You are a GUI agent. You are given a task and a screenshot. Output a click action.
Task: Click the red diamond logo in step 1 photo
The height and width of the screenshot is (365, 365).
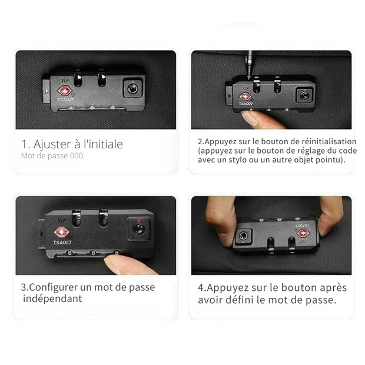pos(65,91)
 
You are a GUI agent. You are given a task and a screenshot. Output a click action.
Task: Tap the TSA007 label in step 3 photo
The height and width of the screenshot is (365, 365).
pos(62,243)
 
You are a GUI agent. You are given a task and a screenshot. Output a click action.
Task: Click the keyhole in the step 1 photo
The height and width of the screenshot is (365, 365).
pos(132,89)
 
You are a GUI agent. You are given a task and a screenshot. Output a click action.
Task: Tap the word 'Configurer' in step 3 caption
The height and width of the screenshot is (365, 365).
pos(54,287)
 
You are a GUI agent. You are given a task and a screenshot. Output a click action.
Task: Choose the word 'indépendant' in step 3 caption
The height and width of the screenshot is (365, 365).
pos(52,298)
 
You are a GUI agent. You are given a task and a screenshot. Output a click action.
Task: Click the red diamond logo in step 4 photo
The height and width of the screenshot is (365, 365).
pos(303,234)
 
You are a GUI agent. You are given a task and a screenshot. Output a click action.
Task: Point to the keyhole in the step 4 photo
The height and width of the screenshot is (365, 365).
pos(243,236)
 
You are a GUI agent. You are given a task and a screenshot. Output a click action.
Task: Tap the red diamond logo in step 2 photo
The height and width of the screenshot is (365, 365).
pos(245,97)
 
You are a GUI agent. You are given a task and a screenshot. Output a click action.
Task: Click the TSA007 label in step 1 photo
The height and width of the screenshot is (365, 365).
pos(65,99)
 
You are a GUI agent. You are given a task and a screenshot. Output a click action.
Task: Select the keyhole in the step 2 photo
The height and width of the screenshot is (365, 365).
pos(304,95)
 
